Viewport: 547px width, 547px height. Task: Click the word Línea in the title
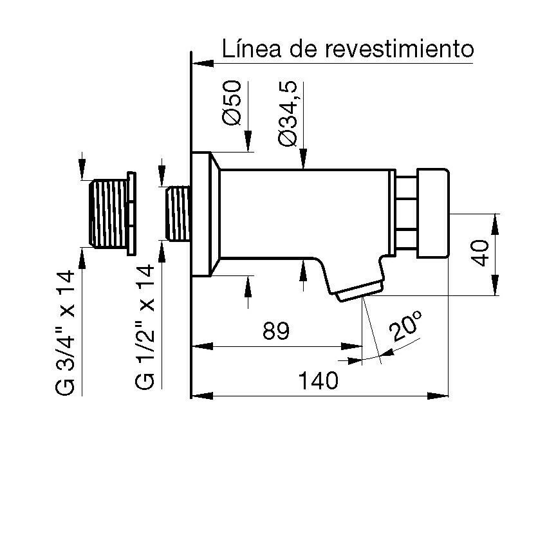[x=251, y=48]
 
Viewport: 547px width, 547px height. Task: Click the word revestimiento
[x=400, y=48]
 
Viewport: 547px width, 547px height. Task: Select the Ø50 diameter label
[x=232, y=102]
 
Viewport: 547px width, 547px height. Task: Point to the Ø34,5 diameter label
[x=288, y=113]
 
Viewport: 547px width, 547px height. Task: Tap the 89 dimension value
[x=276, y=331]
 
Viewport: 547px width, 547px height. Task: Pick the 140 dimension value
[x=318, y=380]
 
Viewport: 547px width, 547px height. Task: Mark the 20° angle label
[x=405, y=326]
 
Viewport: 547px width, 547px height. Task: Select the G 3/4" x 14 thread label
[x=65, y=333]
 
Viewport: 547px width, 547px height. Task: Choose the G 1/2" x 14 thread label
[x=144, y=327]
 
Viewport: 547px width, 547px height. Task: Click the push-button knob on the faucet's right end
[x=433, y=213]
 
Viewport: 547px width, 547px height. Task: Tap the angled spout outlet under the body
[x=359, y=290]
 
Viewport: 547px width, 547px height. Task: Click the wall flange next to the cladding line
[x=205, y=214]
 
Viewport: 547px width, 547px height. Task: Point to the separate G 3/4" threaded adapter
[x=112, y=214]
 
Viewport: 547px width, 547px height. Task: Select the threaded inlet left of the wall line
[x=178, y=213]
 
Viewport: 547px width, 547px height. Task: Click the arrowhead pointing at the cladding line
[x=203, y=64]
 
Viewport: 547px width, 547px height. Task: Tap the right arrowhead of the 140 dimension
[x=438, y=396]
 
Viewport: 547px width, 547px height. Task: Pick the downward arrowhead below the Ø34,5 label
[x=304, y=159]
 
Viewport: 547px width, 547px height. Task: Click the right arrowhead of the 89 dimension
[x=351, y=346]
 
